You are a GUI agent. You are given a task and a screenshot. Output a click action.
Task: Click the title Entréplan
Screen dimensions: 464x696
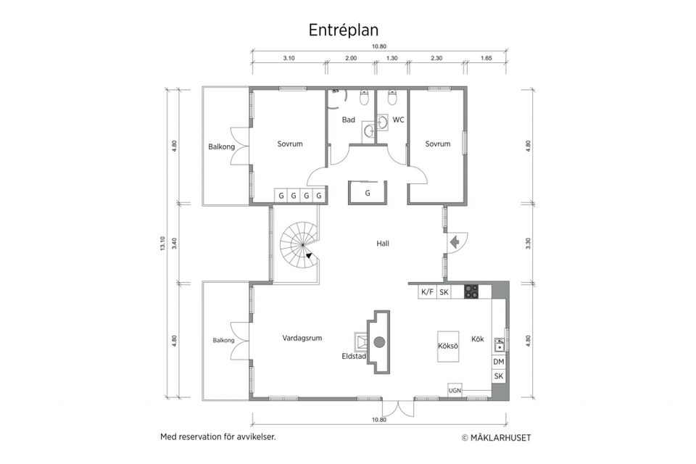344,29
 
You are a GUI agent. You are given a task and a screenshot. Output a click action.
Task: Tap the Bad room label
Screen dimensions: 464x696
349,120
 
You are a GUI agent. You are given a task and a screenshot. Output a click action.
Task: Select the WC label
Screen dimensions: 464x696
399,120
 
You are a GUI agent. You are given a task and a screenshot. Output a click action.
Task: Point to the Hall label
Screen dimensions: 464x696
383,244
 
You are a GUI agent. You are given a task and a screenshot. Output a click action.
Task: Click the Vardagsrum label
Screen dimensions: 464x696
302,338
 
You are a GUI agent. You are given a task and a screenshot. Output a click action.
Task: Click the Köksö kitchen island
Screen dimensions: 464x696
448,346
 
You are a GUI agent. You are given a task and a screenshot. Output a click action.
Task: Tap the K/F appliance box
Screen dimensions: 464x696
427,291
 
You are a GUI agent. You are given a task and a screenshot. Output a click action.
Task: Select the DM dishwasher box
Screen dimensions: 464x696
499,362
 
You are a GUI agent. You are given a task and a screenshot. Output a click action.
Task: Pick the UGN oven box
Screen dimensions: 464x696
455,391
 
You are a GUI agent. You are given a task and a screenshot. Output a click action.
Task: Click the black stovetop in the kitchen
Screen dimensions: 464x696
471,291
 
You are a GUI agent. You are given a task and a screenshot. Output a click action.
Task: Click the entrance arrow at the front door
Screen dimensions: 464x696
455,241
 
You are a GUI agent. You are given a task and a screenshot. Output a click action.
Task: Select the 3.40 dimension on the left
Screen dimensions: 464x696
174,243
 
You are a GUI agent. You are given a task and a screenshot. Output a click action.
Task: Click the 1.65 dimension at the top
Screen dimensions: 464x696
486,57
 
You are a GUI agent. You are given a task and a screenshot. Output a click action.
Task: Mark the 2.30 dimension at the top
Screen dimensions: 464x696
436,57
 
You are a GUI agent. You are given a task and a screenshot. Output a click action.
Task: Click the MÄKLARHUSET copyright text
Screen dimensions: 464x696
497,438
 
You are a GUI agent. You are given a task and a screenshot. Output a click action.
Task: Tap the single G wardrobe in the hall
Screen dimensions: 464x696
368,194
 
